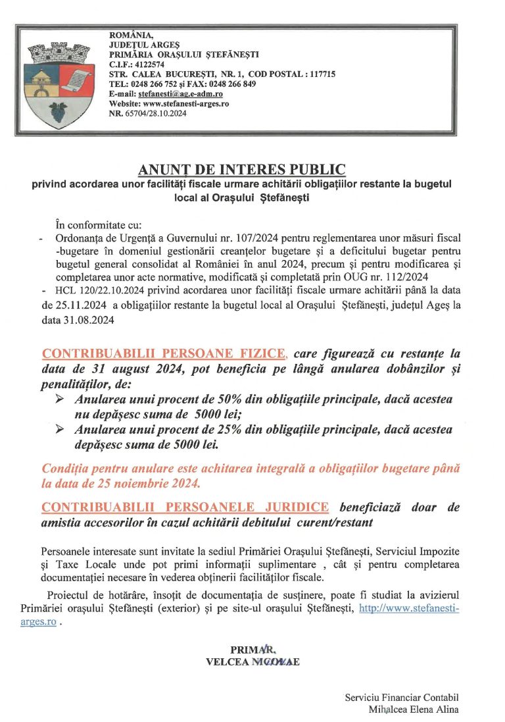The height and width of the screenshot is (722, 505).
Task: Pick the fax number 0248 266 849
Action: (x=233, y=84)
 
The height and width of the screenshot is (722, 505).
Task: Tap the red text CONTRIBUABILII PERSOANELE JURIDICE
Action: (x=185, y=507)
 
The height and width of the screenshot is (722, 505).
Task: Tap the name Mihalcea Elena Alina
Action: (x=414, y=709)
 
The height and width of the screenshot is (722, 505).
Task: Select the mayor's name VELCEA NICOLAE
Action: (x=252, y=663)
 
